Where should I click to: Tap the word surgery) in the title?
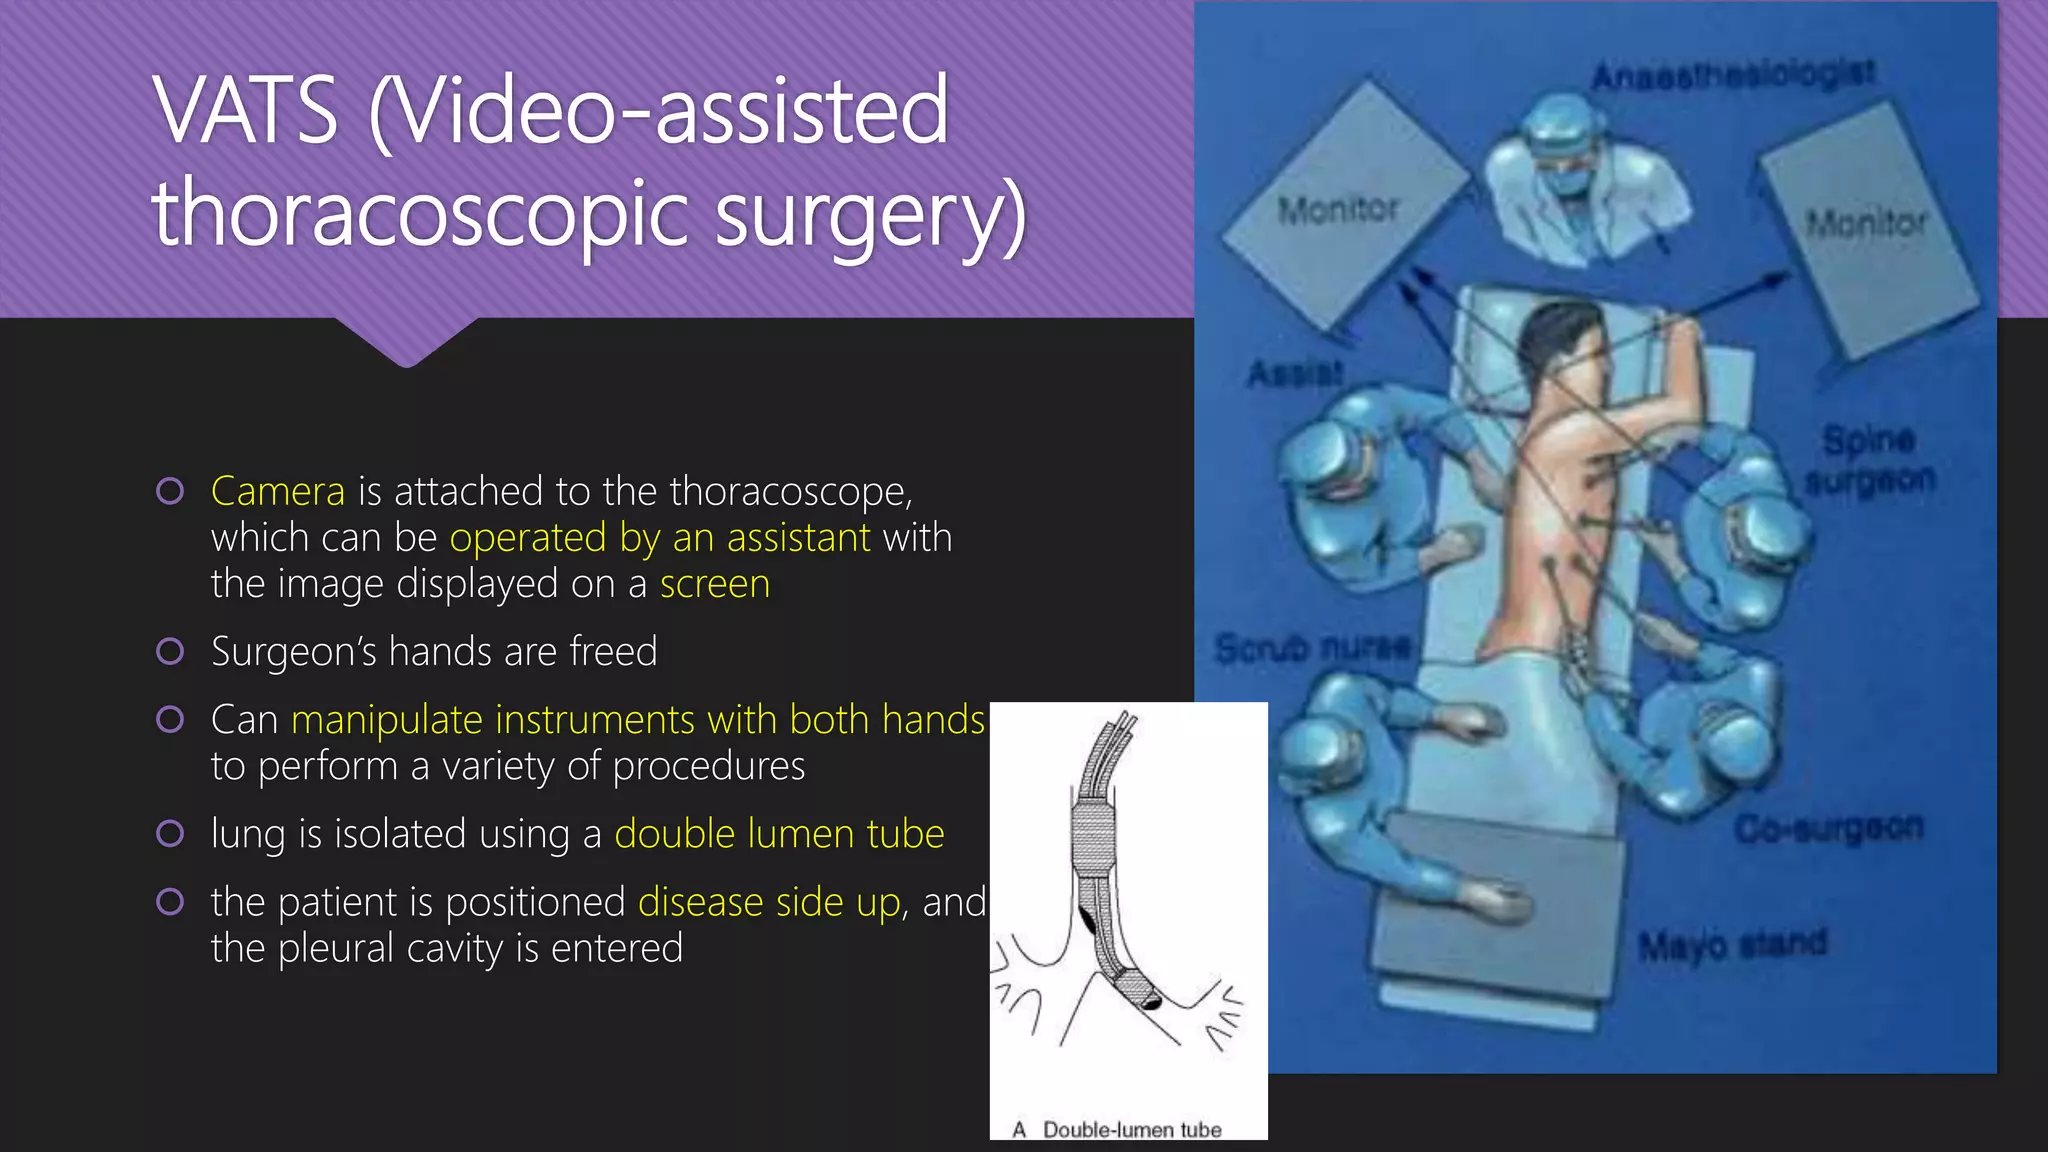click(870, 214)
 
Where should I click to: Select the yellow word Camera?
click(278, 492)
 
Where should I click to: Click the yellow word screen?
click(715, 584)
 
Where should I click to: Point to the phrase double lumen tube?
click(779, 834)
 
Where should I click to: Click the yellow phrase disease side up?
click(769, 902)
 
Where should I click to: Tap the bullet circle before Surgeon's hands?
click(170, 652)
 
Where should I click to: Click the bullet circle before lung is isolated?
click(170, 834)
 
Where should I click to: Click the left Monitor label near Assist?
click(1338, 210)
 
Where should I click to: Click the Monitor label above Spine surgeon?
click(1866, 222)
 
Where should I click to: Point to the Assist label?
click(1295, 374)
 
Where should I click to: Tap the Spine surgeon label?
click(1870, 460)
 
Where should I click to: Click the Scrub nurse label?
click(1313, 648)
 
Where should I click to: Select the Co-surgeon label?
click(1828, 828)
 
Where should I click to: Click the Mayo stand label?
click(1732, 944)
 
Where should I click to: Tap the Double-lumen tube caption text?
click(1131, 1129)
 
